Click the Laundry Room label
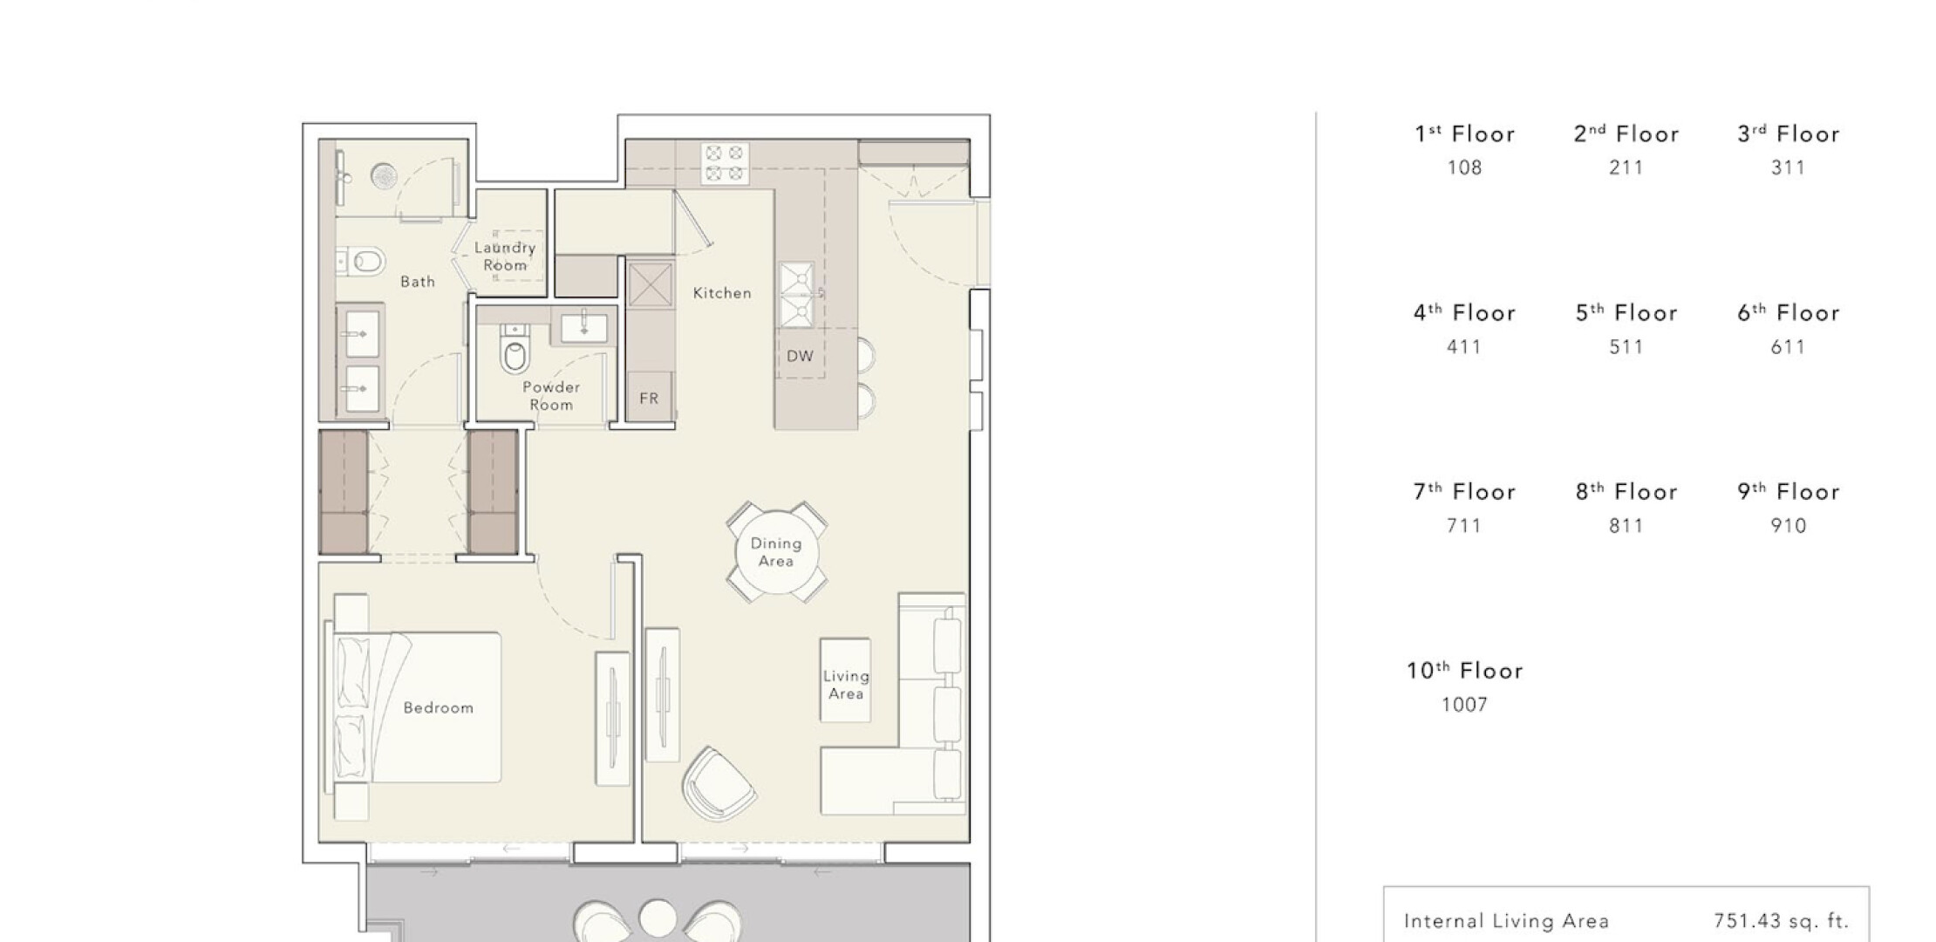(505, 256)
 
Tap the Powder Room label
(551, 396)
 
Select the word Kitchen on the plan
(722, 293)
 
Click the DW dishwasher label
(800, 356)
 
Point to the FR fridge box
(649, 398)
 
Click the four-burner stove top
(726, 163)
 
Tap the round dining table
(775, 552)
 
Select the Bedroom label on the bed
(439, 707)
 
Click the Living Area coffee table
(845, 680)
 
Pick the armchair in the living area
(719, 784)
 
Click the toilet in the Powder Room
(515, 350)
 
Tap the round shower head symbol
(385, 176)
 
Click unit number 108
(1464, 167)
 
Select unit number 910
(1788, 526)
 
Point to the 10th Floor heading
(1465, 670)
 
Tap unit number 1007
(1464, 705)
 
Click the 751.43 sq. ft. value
(1782, 921)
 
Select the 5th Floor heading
(1626, 312)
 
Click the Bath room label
(418, 282)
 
